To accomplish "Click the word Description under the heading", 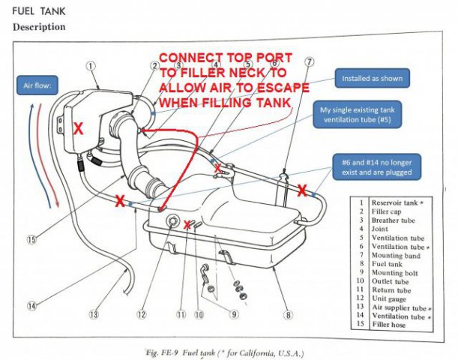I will pyautogui.click(x=39, y=26).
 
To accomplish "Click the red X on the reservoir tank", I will pyautogui.click(x=78, y=128).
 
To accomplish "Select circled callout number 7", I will pyautogui.click(x=310, y=62).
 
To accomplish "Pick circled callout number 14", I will pyautogui.click(x=32, y=304).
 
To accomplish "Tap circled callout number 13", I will pyautogui.click(x=94, y=314).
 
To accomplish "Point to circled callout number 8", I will pyautogui.click(x=288, y=314).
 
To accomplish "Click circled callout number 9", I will pyautogui.click(x=232, y=314).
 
